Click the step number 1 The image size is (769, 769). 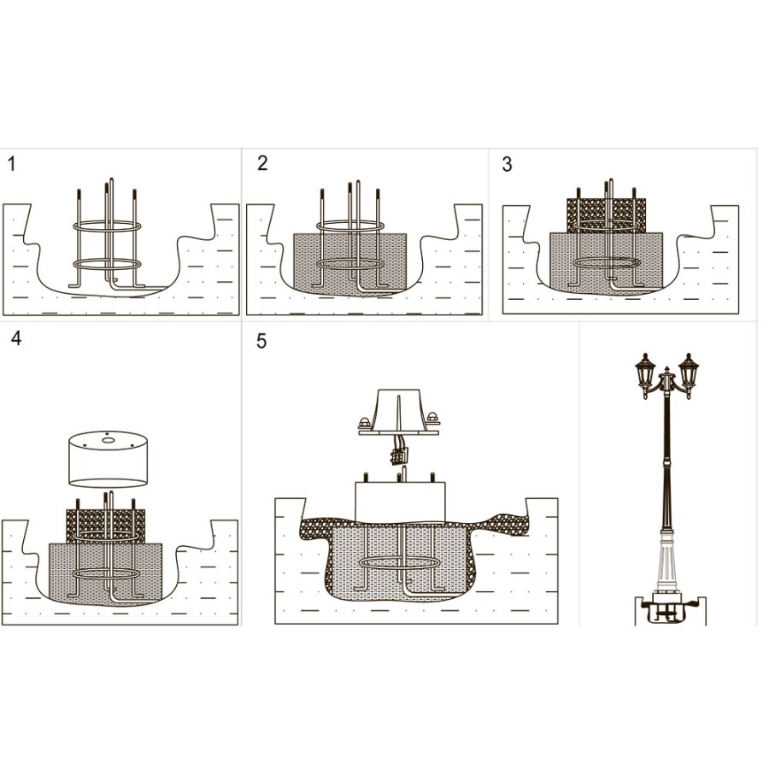(x=11, y=165)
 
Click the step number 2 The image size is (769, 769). (x=262, y=163)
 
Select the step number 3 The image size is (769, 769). (x=507, y=165)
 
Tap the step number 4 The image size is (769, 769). (x=15, y=338)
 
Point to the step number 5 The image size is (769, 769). (x=261, y=342)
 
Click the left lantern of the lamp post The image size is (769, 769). (x=646, y=376)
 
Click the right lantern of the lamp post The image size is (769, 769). (x=689, y=376)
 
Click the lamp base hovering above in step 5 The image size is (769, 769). (x=399, y=414)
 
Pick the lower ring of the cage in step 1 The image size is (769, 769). (x=107, y=264)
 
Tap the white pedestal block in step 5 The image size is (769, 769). (x=401, y=501)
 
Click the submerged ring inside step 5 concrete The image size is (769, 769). (x=400, y=564)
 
